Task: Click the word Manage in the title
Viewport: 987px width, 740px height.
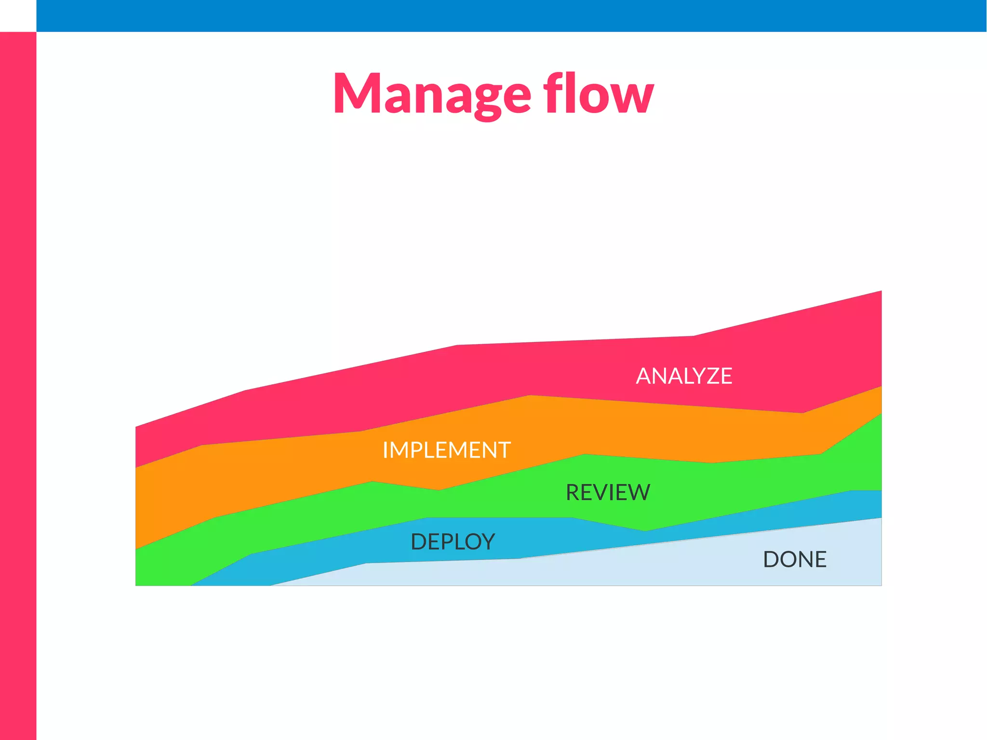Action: [432, 94]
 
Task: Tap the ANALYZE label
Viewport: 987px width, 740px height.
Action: [684, 376]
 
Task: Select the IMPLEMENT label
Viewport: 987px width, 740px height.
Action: [446, 450]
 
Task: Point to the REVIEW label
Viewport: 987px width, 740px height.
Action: [608, 493]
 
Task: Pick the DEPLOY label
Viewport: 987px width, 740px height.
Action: [453, 542]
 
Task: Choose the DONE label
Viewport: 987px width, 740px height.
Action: [795, 560]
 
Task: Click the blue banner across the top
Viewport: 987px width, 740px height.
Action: [511, 16]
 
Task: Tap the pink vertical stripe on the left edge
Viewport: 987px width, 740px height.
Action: [18, 386]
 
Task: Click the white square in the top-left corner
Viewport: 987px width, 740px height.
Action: [18, 16]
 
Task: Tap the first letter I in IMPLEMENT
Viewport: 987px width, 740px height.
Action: [386, 450]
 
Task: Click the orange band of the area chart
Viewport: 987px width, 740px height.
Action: [289, 472]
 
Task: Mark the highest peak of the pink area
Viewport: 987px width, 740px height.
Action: [880, 292]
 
